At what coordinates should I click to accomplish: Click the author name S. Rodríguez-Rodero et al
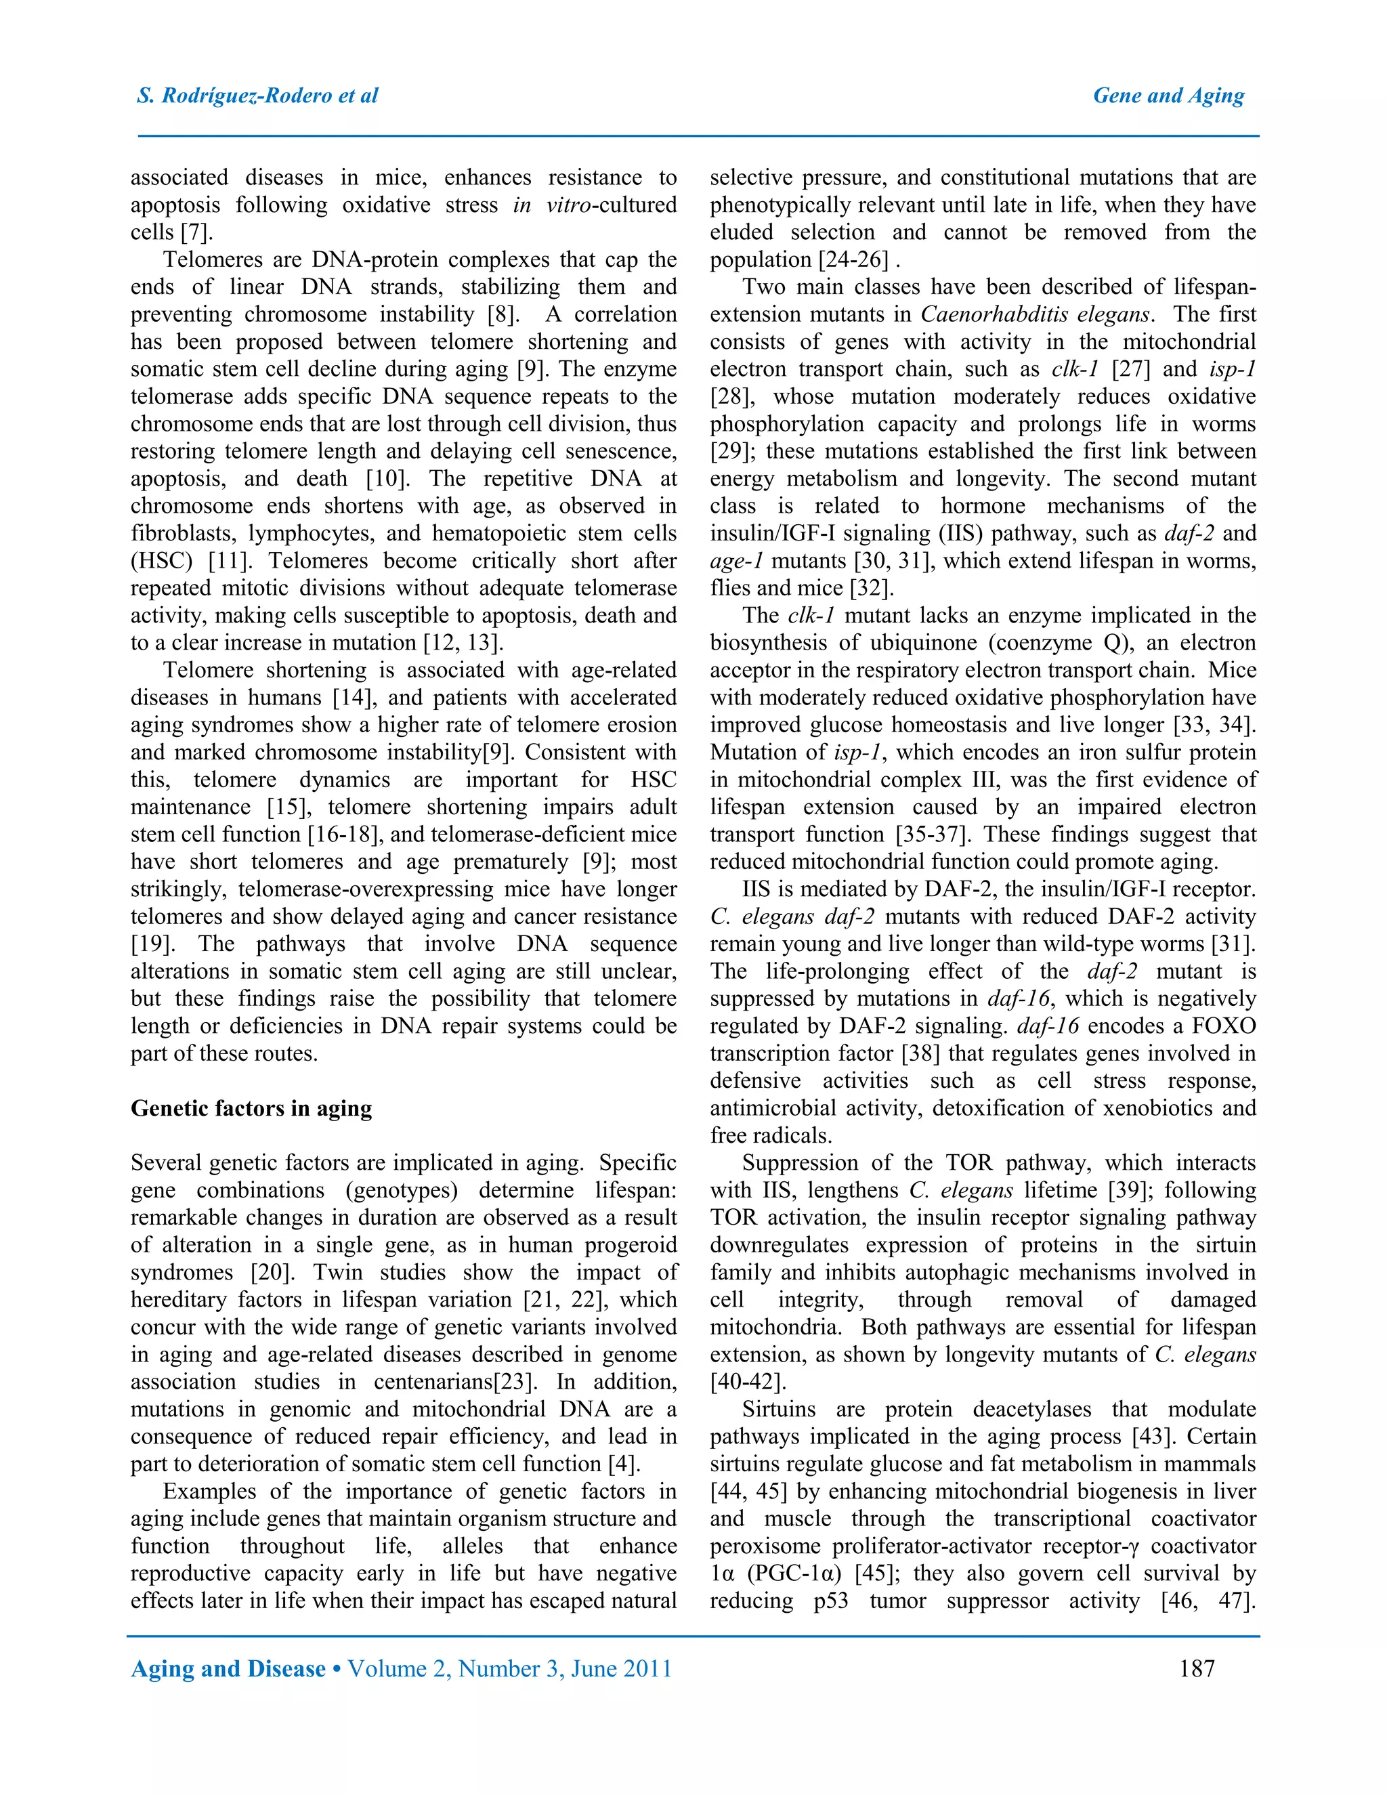click(257, 96)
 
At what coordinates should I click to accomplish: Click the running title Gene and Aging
click(1168, 96)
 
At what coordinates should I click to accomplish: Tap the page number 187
click(1197, 1668)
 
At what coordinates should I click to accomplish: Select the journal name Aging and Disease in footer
click(228, 1668)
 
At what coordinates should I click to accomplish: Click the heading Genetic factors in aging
click(251, 1109)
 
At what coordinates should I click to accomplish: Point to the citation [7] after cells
click(196, 232)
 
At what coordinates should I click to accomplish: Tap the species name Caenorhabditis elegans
click(1036, 315)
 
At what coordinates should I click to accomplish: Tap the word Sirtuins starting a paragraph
click(778, 1410)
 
